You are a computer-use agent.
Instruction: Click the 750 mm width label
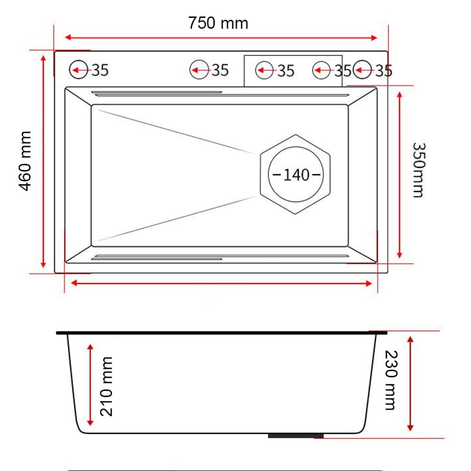(x=218, y=23)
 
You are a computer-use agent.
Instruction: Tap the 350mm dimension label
(x=418, y=170)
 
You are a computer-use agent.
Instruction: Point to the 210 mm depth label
(x=107, y=386)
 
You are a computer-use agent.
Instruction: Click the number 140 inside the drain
(x=296, y=175)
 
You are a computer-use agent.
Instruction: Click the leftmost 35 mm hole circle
(x=78, y=70)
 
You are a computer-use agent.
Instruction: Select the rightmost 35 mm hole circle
(x=362, y=70)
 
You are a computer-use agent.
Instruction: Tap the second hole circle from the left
(x=199, y=70)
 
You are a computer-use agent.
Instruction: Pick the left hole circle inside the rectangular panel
(x=265, y=71)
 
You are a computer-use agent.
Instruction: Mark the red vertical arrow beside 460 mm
(x=43, y=161)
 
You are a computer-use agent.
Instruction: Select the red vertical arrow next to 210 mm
(x=90, y=384)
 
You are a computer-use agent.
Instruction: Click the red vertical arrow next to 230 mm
(x=410, y=383)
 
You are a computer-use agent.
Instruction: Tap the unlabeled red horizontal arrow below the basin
(x=221, y=283)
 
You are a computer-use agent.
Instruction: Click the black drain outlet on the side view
(x=295, y=436)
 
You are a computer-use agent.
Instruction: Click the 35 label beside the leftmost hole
(x=100, y=70)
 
